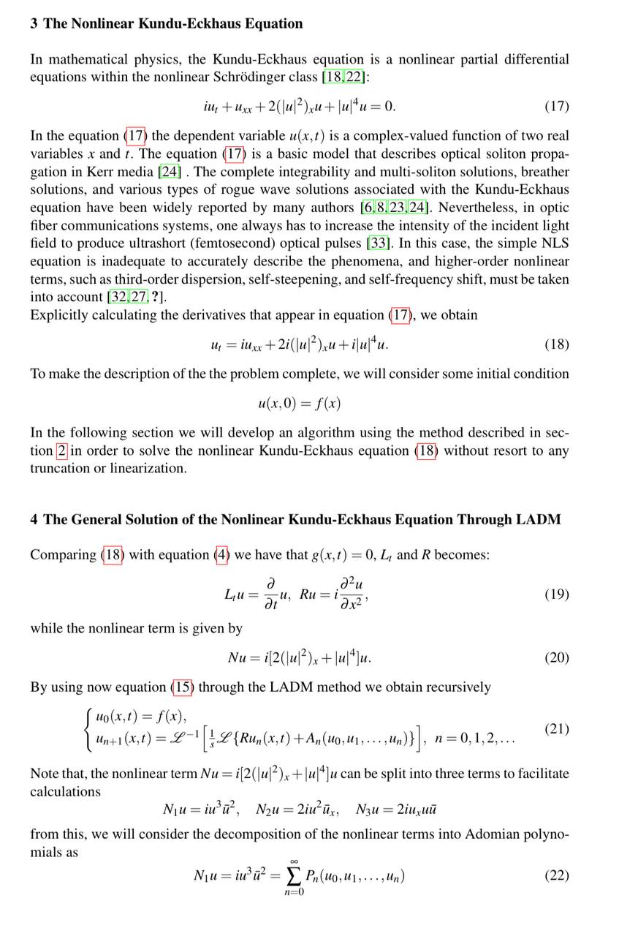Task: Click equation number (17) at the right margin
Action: click(556, 107)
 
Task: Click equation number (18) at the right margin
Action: click(556, 344)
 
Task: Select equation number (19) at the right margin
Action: click(556, 594)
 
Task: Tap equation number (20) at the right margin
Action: click(556, 657)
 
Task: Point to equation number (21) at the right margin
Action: click(556, 729)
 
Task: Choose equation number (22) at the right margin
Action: click(556, 875)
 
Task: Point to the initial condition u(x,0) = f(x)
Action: click(299, 403)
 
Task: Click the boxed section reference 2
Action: click(61, 450)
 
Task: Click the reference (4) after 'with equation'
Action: click(222, 555)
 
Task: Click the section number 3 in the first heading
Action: click(34, 23)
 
